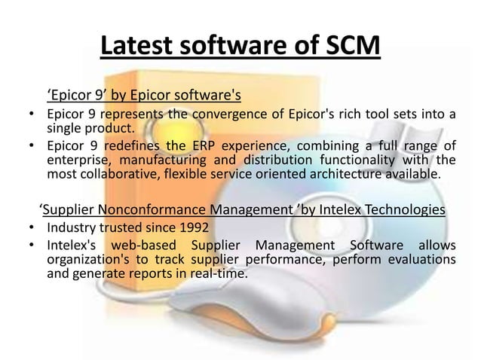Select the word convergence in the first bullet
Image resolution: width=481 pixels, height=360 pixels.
tap(230, 115)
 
